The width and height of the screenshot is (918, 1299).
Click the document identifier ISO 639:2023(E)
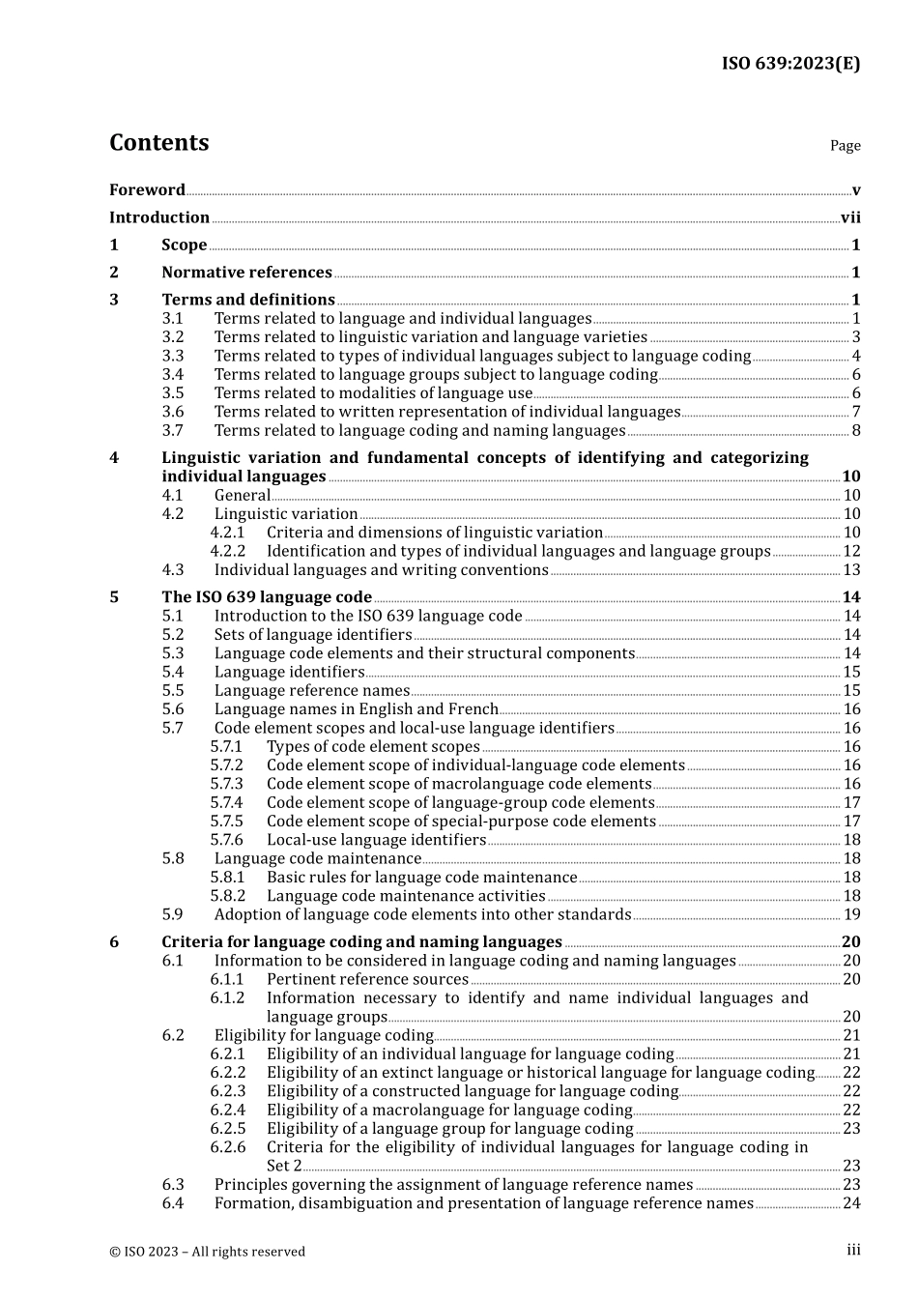click(x=790, y=64)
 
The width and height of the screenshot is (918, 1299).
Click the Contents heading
click(x=158, y=143)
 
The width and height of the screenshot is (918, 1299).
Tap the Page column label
click(x=845, y=146)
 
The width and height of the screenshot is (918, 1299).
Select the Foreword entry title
click(x=147, y=190)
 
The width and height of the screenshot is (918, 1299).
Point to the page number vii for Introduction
click(x=850, y=218)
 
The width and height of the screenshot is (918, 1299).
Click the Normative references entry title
click(x=246, y=273)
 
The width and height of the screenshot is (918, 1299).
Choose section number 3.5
click(x=173, y=393)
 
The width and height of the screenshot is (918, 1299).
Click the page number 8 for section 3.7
click(x=856, y=431)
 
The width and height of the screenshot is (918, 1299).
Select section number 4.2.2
click(x=228, y=552)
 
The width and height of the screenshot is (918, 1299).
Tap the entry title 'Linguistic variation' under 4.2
click(x=286, y=514)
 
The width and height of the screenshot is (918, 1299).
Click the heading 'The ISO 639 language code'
click(x=267, y=597)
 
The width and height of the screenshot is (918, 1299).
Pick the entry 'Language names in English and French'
click(x=356, y=709)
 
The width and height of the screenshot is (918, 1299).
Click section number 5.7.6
click(x=227, y=841)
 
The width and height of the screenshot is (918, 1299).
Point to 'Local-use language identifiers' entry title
click(x=376, y=841)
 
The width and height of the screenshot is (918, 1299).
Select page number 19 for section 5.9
click(x=851, y=915)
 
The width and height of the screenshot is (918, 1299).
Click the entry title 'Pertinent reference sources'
click(x=367, y=980)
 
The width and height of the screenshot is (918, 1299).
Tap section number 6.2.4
click(x=228, y=1111)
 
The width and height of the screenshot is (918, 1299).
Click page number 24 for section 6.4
click(x=851, y=1204)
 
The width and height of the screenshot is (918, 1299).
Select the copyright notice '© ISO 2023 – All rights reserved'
click(x=207, y=1253)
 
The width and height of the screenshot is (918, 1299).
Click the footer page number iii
click(x=853, y=1251)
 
